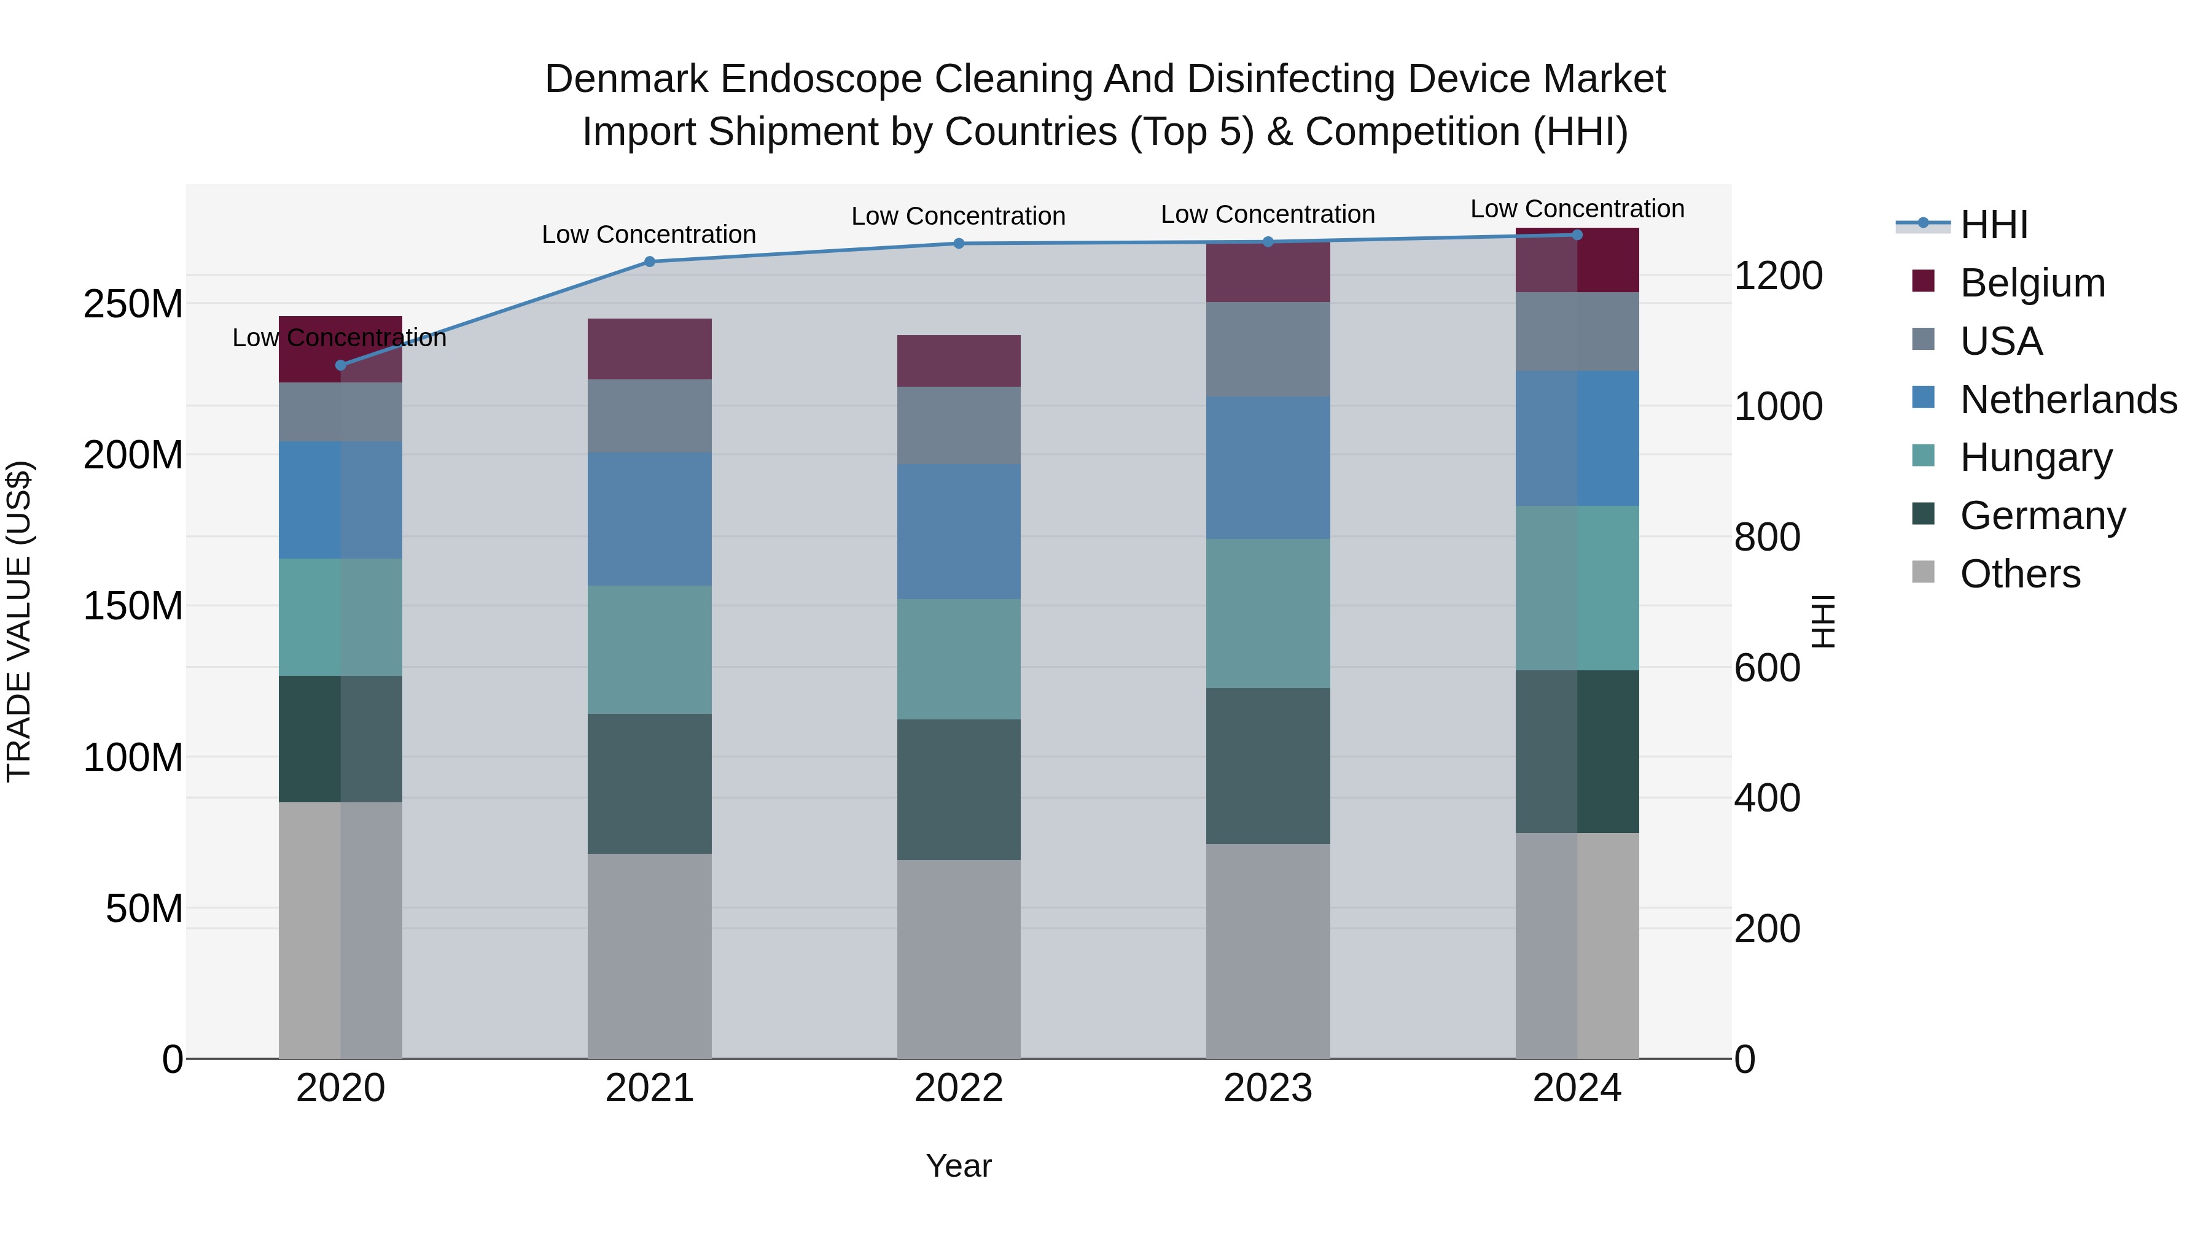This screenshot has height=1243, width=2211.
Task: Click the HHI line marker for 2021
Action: click(649, 261)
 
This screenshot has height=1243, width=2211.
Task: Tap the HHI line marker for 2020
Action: click(341, 365)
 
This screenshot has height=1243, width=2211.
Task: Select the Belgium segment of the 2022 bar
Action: click(959, 361)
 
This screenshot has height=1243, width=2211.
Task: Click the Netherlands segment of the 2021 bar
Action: click(649, 519)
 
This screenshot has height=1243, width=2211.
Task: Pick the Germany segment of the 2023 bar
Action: click(1268, 765)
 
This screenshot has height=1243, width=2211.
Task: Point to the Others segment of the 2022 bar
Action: click(959, 959)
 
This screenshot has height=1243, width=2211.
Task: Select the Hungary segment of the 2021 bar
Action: click(649, 649)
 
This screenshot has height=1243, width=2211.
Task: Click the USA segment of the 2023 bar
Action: click(1268, 349)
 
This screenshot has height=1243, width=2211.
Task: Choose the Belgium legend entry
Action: click(2032, 283)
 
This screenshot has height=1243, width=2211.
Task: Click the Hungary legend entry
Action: click(2035, 457)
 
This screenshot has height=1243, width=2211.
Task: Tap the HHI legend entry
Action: click(1993, 225)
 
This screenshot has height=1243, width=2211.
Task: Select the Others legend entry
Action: click(2019, 574)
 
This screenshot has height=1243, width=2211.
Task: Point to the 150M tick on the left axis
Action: click(133, 606)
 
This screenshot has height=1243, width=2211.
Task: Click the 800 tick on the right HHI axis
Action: click(1766, 538)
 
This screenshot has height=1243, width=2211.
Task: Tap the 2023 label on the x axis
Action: click(1268, 1088)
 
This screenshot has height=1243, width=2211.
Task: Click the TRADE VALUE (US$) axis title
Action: click(19, 621)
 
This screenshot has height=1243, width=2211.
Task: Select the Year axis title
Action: click(959, 1166)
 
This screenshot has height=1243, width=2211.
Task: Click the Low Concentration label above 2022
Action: click(958, 216)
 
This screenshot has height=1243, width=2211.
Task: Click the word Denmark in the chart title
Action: click(626, 79)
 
